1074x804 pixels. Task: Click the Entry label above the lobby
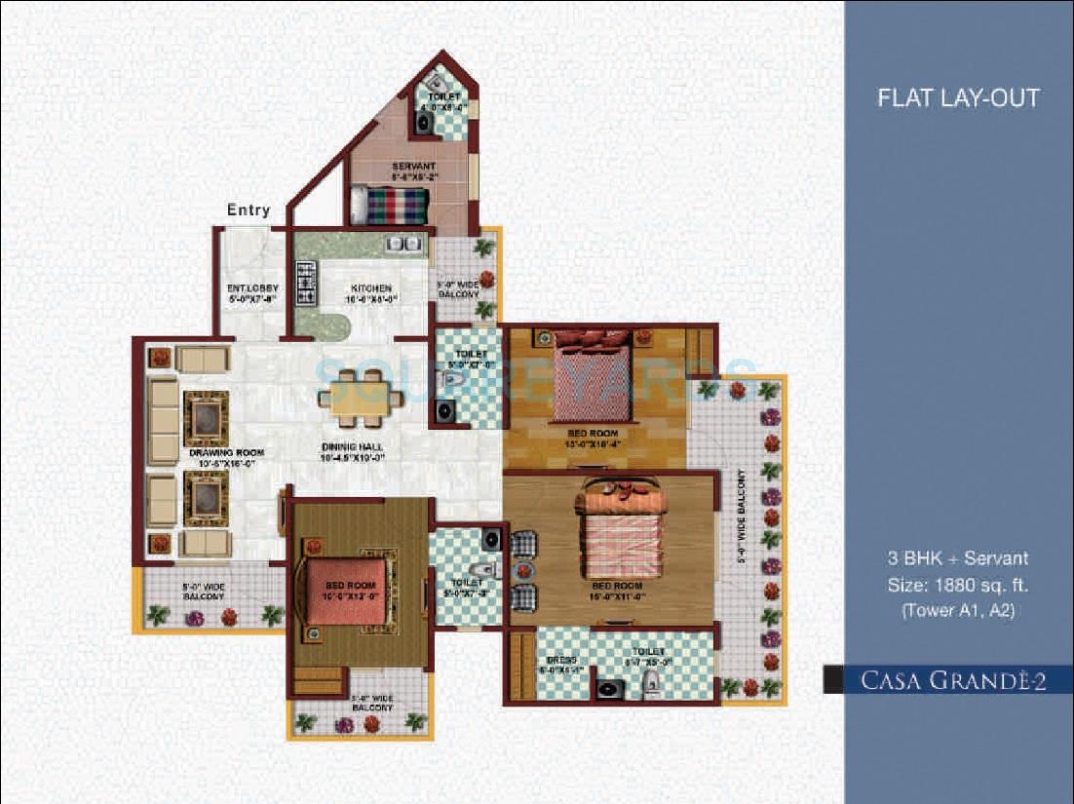pos(249,211)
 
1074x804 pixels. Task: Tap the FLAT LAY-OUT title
pos(958,97)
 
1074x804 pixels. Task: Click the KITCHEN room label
pos(371,288)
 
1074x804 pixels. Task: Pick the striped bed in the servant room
pos(389,206)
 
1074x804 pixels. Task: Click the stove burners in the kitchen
pos(306,283)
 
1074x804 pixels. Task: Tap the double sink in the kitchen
pos(404,244)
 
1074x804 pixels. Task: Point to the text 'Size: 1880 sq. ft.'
pos(959,586)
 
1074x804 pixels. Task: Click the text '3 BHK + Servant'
pos(959,559)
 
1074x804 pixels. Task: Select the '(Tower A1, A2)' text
pos(959,611)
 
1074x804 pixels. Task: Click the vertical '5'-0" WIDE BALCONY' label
pos(742,517)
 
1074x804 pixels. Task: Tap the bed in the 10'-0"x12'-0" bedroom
pos(351,590)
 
